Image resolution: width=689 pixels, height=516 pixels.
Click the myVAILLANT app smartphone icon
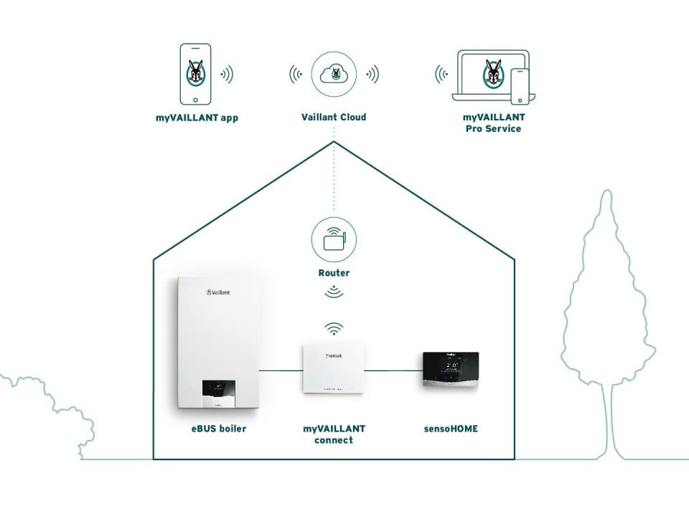pyautogui.click(x=194, y=74)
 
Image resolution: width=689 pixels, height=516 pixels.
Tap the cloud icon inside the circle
pyautogui.click(x=334, y=74)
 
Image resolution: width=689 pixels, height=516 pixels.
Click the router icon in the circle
pyautogui.click(x=334, y=240)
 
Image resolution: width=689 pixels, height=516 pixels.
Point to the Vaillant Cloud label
pyautogui.click(x=334, y=117)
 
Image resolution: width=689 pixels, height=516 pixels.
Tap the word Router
pyautogui.click(x=334, y=273)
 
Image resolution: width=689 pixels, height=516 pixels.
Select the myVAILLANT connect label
pyautogui.click(x=334, y=434)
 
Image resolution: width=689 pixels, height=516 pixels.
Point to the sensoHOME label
pyautogui.click(x=450, y=429)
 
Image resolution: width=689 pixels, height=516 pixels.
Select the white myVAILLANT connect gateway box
pyautogui.click(x=334, y=369)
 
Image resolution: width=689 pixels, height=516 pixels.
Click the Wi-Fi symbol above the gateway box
pyautogui.click(x=333, y=329)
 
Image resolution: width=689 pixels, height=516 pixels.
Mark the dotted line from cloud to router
pyautogui.click(x=334, y=179)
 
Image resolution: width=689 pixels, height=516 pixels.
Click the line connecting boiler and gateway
pyautogui.click(x=280, y=371)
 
